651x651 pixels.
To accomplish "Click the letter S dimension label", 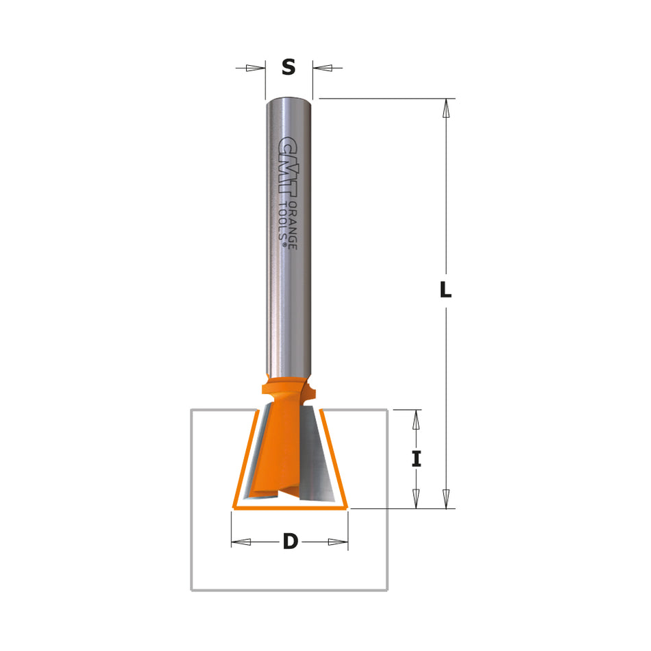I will pyautogui.click(x=288, y=68).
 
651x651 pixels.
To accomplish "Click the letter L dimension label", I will pyautogui.click(x=445, y=291).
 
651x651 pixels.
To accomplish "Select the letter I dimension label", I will pyautogui.click(x=416, y=458).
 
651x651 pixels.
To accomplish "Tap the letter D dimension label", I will pyautogui.click(x=291, y=542).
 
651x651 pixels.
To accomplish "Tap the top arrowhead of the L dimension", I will pyautogui.click(x=446, y=108).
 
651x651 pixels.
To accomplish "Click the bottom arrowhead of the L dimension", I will pyautogui.click(x=446, y=500).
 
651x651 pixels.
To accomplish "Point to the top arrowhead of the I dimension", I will pyautogui.click(x=416, y=419).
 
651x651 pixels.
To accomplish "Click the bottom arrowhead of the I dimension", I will pyautogui.click(x=416, y=500).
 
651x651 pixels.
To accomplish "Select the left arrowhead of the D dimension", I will pyautogui.click(x=241, y=542).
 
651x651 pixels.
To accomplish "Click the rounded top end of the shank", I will pyautogui.click(x=289, y=101).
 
